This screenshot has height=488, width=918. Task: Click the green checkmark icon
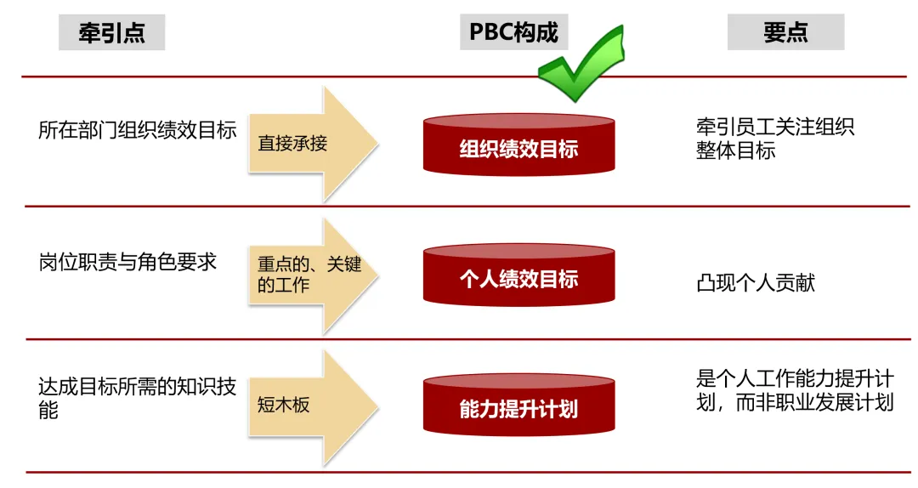[x=582, y=64]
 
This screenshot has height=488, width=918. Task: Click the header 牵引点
[x=111, y=33]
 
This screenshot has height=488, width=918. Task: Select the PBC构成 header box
[x=514, y=32]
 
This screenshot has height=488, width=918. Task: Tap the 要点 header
[x=785, y=32]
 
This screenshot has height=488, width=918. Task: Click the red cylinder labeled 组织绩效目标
[x=518, y=145]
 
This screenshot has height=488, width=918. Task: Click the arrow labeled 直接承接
[x=311, y=143]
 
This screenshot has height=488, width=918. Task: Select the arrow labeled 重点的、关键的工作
[x=311, y=275]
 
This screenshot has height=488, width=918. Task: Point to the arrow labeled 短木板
[x=311, y=405]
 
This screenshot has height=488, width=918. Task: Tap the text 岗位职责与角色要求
[x=127, y=262]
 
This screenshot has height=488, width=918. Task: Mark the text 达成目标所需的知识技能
[x=137, y=398]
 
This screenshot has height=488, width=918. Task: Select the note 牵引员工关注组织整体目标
[x=775, y=139]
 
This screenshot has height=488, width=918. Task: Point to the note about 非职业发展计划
[x=795, y=390]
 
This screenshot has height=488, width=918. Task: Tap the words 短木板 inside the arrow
[x=284, y=405]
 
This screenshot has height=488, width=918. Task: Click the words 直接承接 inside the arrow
[x=292, y=143]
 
